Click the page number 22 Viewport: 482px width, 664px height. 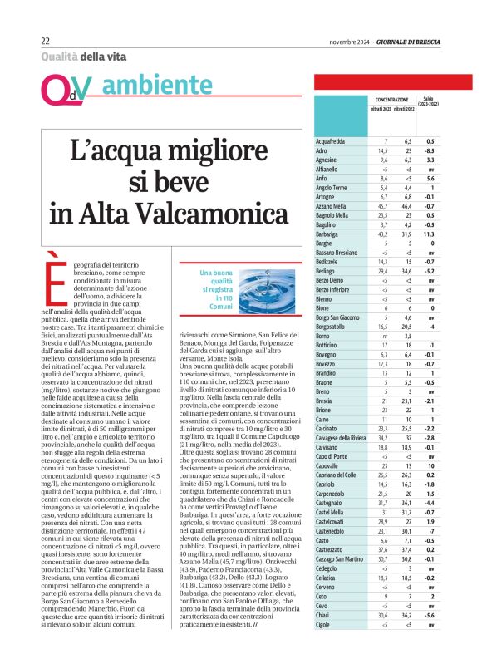(x=46, y=42)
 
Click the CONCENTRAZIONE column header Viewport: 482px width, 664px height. (x=391, y=98)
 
